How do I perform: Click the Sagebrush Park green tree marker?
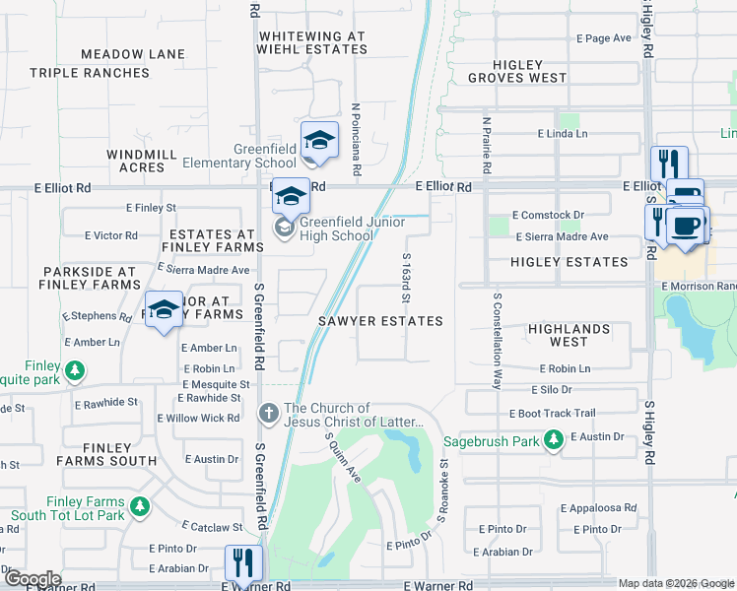(x=554, y=441)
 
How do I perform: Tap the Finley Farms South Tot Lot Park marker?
(x=140, y=506)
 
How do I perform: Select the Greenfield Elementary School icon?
(x=319, y=141)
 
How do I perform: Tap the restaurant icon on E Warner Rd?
(x=240, y=563)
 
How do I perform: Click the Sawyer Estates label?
(x=379, y=321)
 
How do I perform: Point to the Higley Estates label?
(x=569, y=262)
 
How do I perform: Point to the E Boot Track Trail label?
(x=552, y=413)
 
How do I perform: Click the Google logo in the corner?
(x=32, y=578)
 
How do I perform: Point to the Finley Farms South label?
(x=106, y=453)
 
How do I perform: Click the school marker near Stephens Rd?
(x=164, y=310)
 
